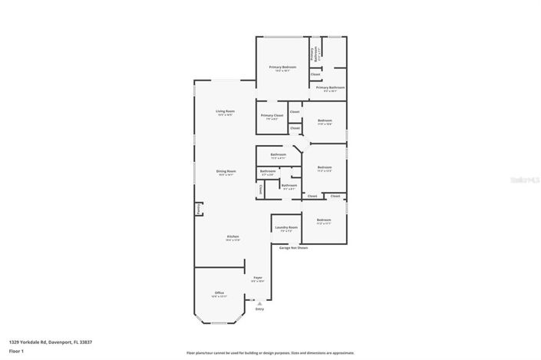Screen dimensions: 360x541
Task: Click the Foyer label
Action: (258, 279)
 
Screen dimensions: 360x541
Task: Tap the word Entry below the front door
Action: (259, 309)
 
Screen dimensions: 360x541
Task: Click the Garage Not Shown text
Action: (293, 248)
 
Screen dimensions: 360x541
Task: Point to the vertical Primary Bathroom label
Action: (312, 53)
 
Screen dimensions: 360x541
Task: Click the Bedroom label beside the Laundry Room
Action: (324, 221)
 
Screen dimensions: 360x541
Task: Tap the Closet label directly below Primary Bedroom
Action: (315, 74)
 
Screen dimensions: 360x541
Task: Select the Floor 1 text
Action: (16, 351)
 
